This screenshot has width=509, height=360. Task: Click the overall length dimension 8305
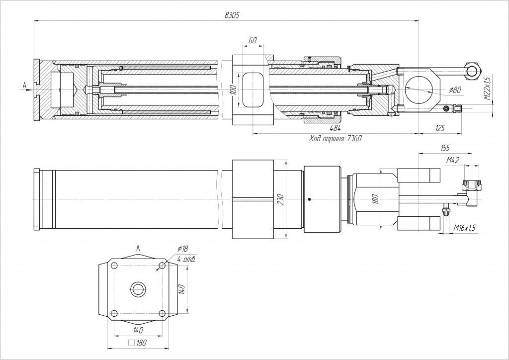232,15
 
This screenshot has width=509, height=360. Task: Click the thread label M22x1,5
488,88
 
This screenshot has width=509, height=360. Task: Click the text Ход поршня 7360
335,139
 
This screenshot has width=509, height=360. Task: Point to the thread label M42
452,160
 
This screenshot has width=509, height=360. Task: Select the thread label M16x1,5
465,227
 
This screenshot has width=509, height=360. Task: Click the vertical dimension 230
281,199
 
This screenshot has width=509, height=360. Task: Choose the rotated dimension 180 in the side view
376,199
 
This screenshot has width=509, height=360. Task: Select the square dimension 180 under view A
139,343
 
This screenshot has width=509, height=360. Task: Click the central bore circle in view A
138,289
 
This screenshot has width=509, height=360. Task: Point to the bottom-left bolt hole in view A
114,313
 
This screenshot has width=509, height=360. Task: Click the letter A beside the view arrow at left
24,85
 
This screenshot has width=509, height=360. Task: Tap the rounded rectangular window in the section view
253,90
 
